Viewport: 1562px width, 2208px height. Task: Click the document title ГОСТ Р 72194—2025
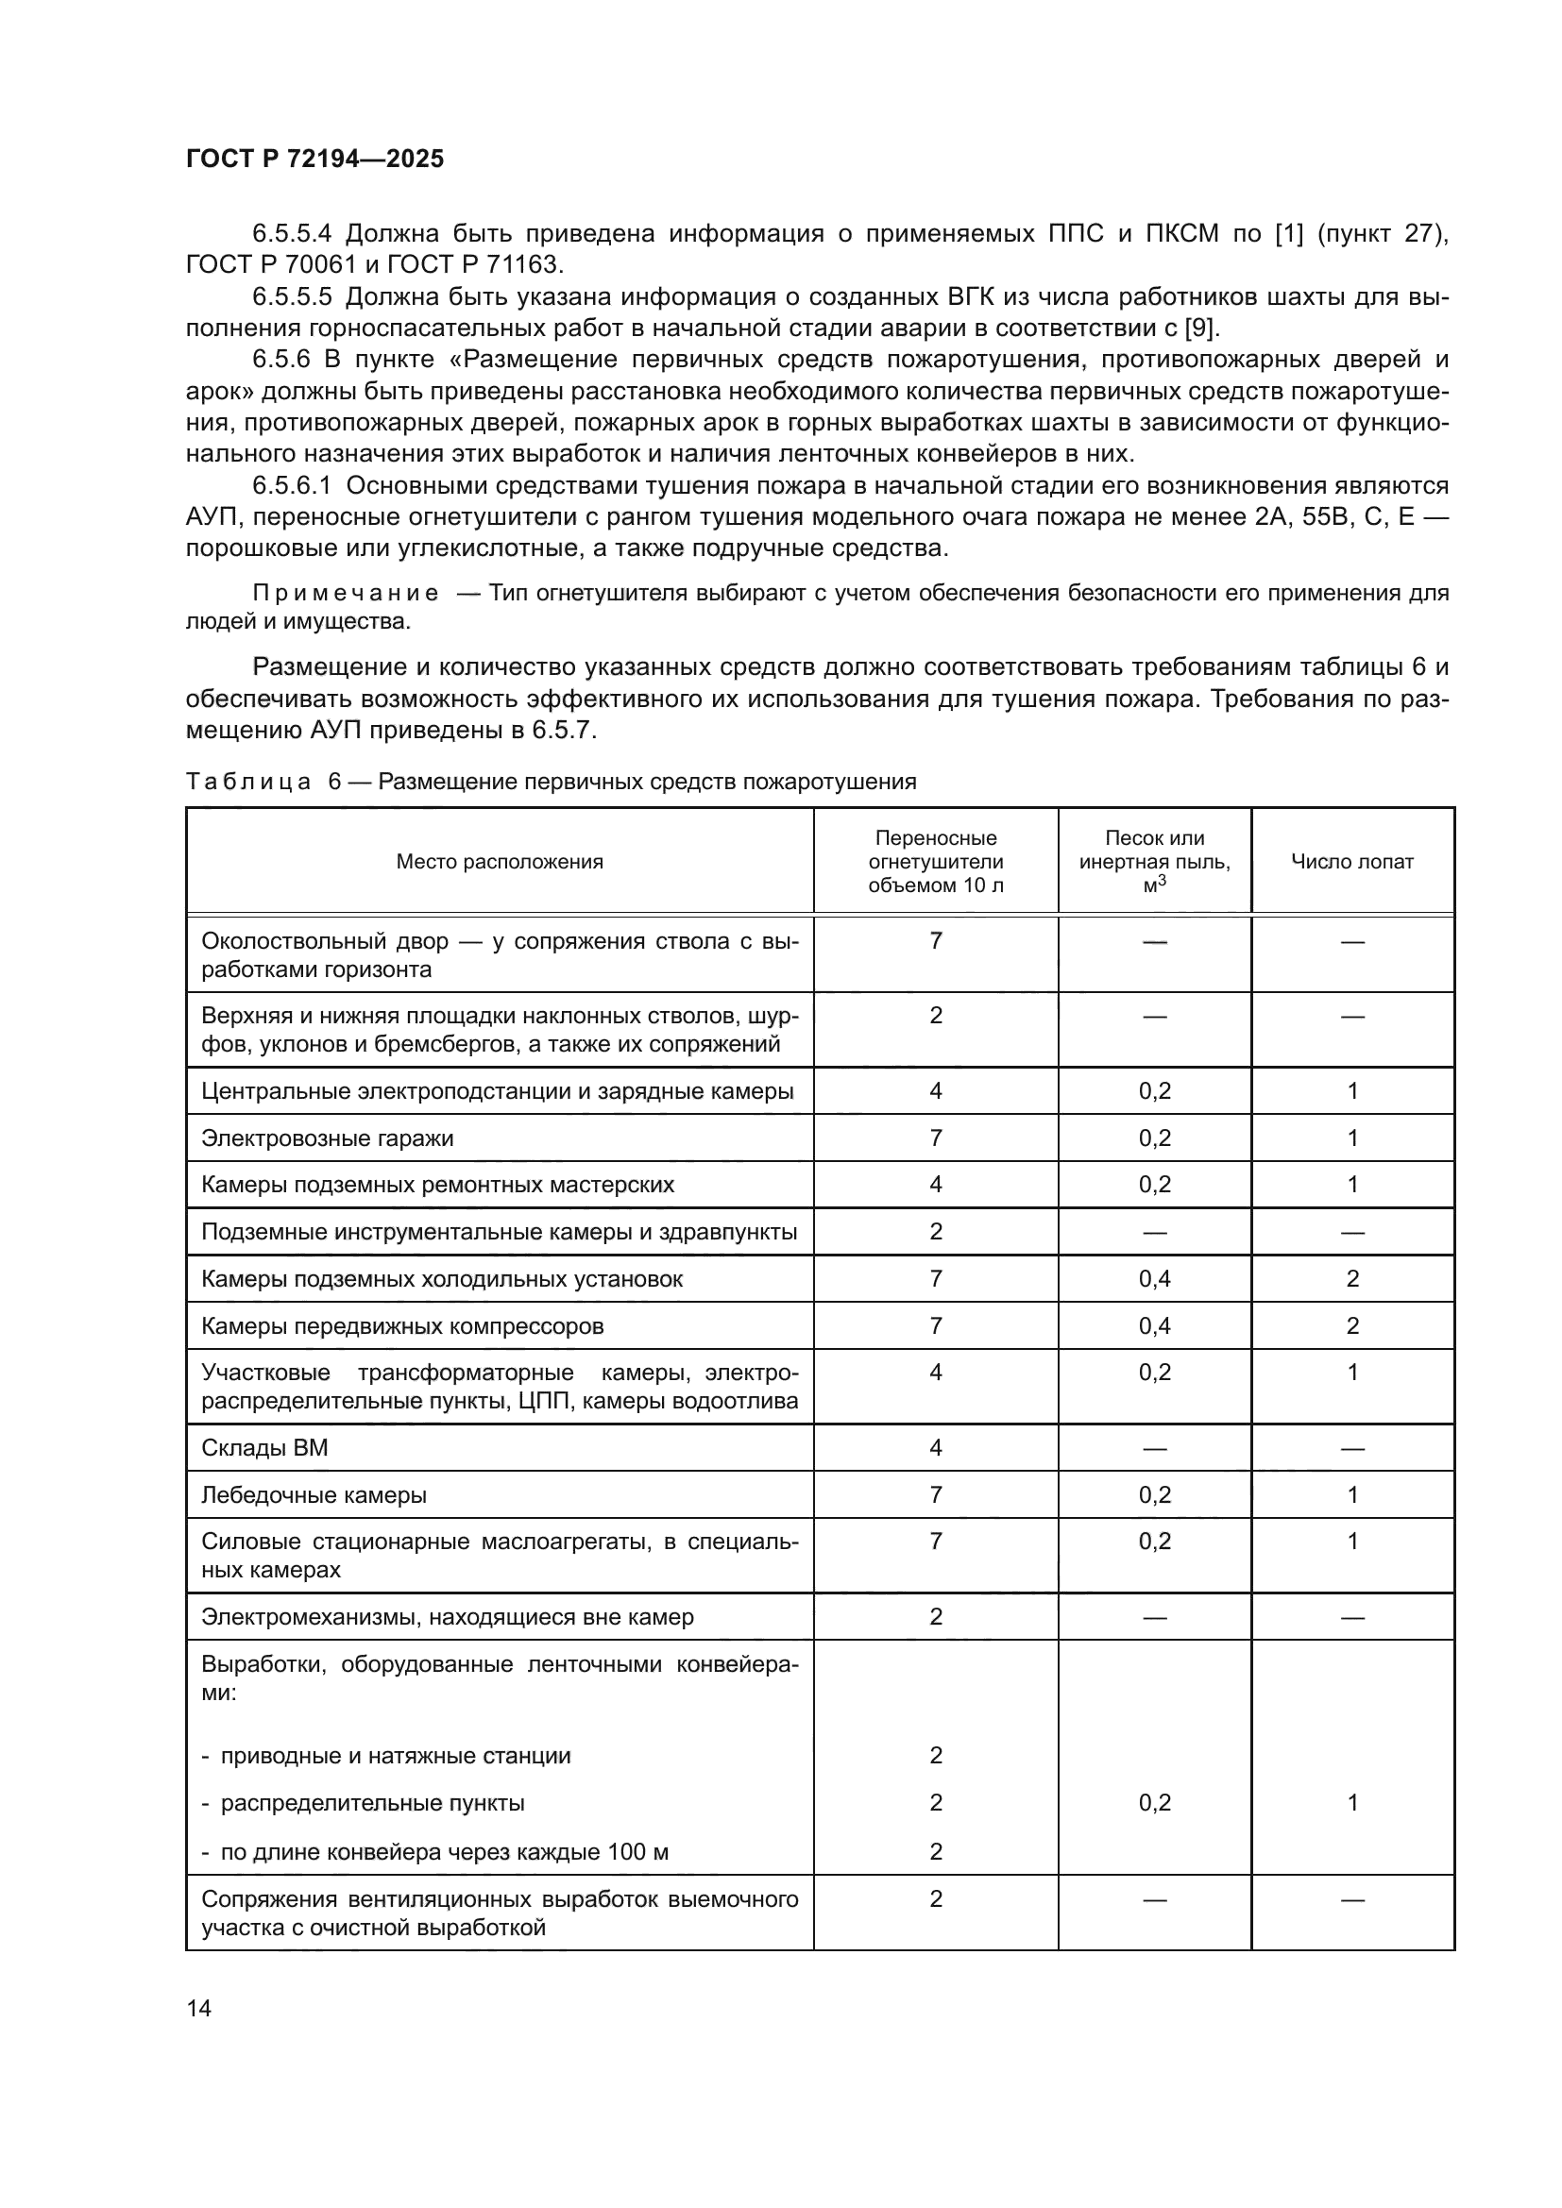[x=314, y=159]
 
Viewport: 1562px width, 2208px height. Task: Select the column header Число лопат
[x=1351, y=862]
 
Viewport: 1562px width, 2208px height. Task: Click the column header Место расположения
[x=500, y=862]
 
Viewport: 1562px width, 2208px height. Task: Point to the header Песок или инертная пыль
[x=1154, y=851]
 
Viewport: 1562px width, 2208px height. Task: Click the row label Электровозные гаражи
[x=327, y=1138]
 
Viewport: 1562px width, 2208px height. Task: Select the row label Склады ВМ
[x=264, y=1448]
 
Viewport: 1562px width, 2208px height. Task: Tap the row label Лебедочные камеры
[x=314, y=1495]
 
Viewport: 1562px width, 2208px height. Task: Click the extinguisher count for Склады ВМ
[x=935, y=1448]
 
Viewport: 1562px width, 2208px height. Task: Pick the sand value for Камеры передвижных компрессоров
[x=1154, y=1326]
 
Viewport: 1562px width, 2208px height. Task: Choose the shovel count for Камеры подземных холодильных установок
[x=1351, y=1279]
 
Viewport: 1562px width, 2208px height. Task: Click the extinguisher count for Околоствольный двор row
[x=935, y=940]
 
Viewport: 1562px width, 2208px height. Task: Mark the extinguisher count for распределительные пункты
[x=935, y=1803]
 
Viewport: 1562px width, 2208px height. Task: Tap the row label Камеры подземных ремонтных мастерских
[x=437, y=1185]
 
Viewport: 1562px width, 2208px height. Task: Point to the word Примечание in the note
[x=346, y=594]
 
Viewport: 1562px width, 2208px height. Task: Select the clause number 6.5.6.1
[x=292, y=485]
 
